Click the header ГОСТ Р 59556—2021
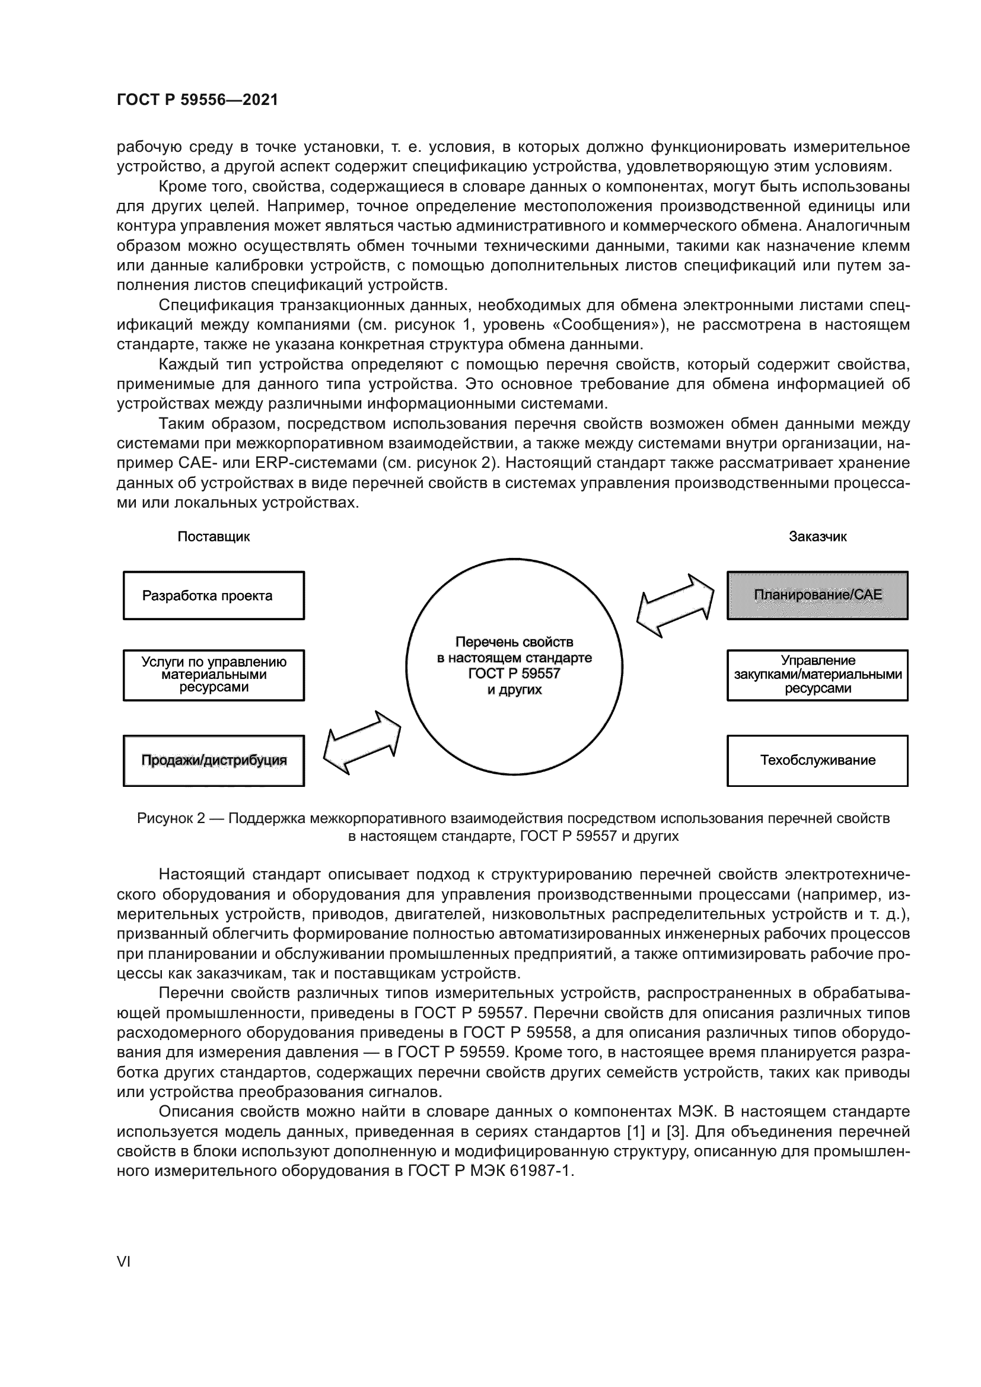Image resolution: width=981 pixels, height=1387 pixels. point(197,100)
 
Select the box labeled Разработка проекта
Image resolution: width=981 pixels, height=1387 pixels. point(214,595)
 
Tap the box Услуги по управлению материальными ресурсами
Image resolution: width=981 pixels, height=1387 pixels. point(214,675)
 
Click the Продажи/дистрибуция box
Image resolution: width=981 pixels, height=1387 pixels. point(214,760)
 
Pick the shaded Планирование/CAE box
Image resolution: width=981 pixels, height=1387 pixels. point(817,595)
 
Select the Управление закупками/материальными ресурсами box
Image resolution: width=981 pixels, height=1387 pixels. point(817,675)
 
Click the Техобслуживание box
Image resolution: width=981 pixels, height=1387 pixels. point(817,760)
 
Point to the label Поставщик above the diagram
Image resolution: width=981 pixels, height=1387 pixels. point(214,537)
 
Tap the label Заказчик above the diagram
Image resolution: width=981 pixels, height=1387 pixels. point(817,537)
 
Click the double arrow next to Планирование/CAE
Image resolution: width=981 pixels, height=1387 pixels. point(675,606)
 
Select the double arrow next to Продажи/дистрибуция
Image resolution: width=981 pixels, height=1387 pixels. point(362,742)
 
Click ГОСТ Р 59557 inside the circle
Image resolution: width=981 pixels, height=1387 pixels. point(514,674)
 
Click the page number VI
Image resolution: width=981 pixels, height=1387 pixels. point(123,1261)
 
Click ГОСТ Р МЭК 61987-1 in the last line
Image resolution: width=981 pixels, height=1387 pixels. point(490,1171)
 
